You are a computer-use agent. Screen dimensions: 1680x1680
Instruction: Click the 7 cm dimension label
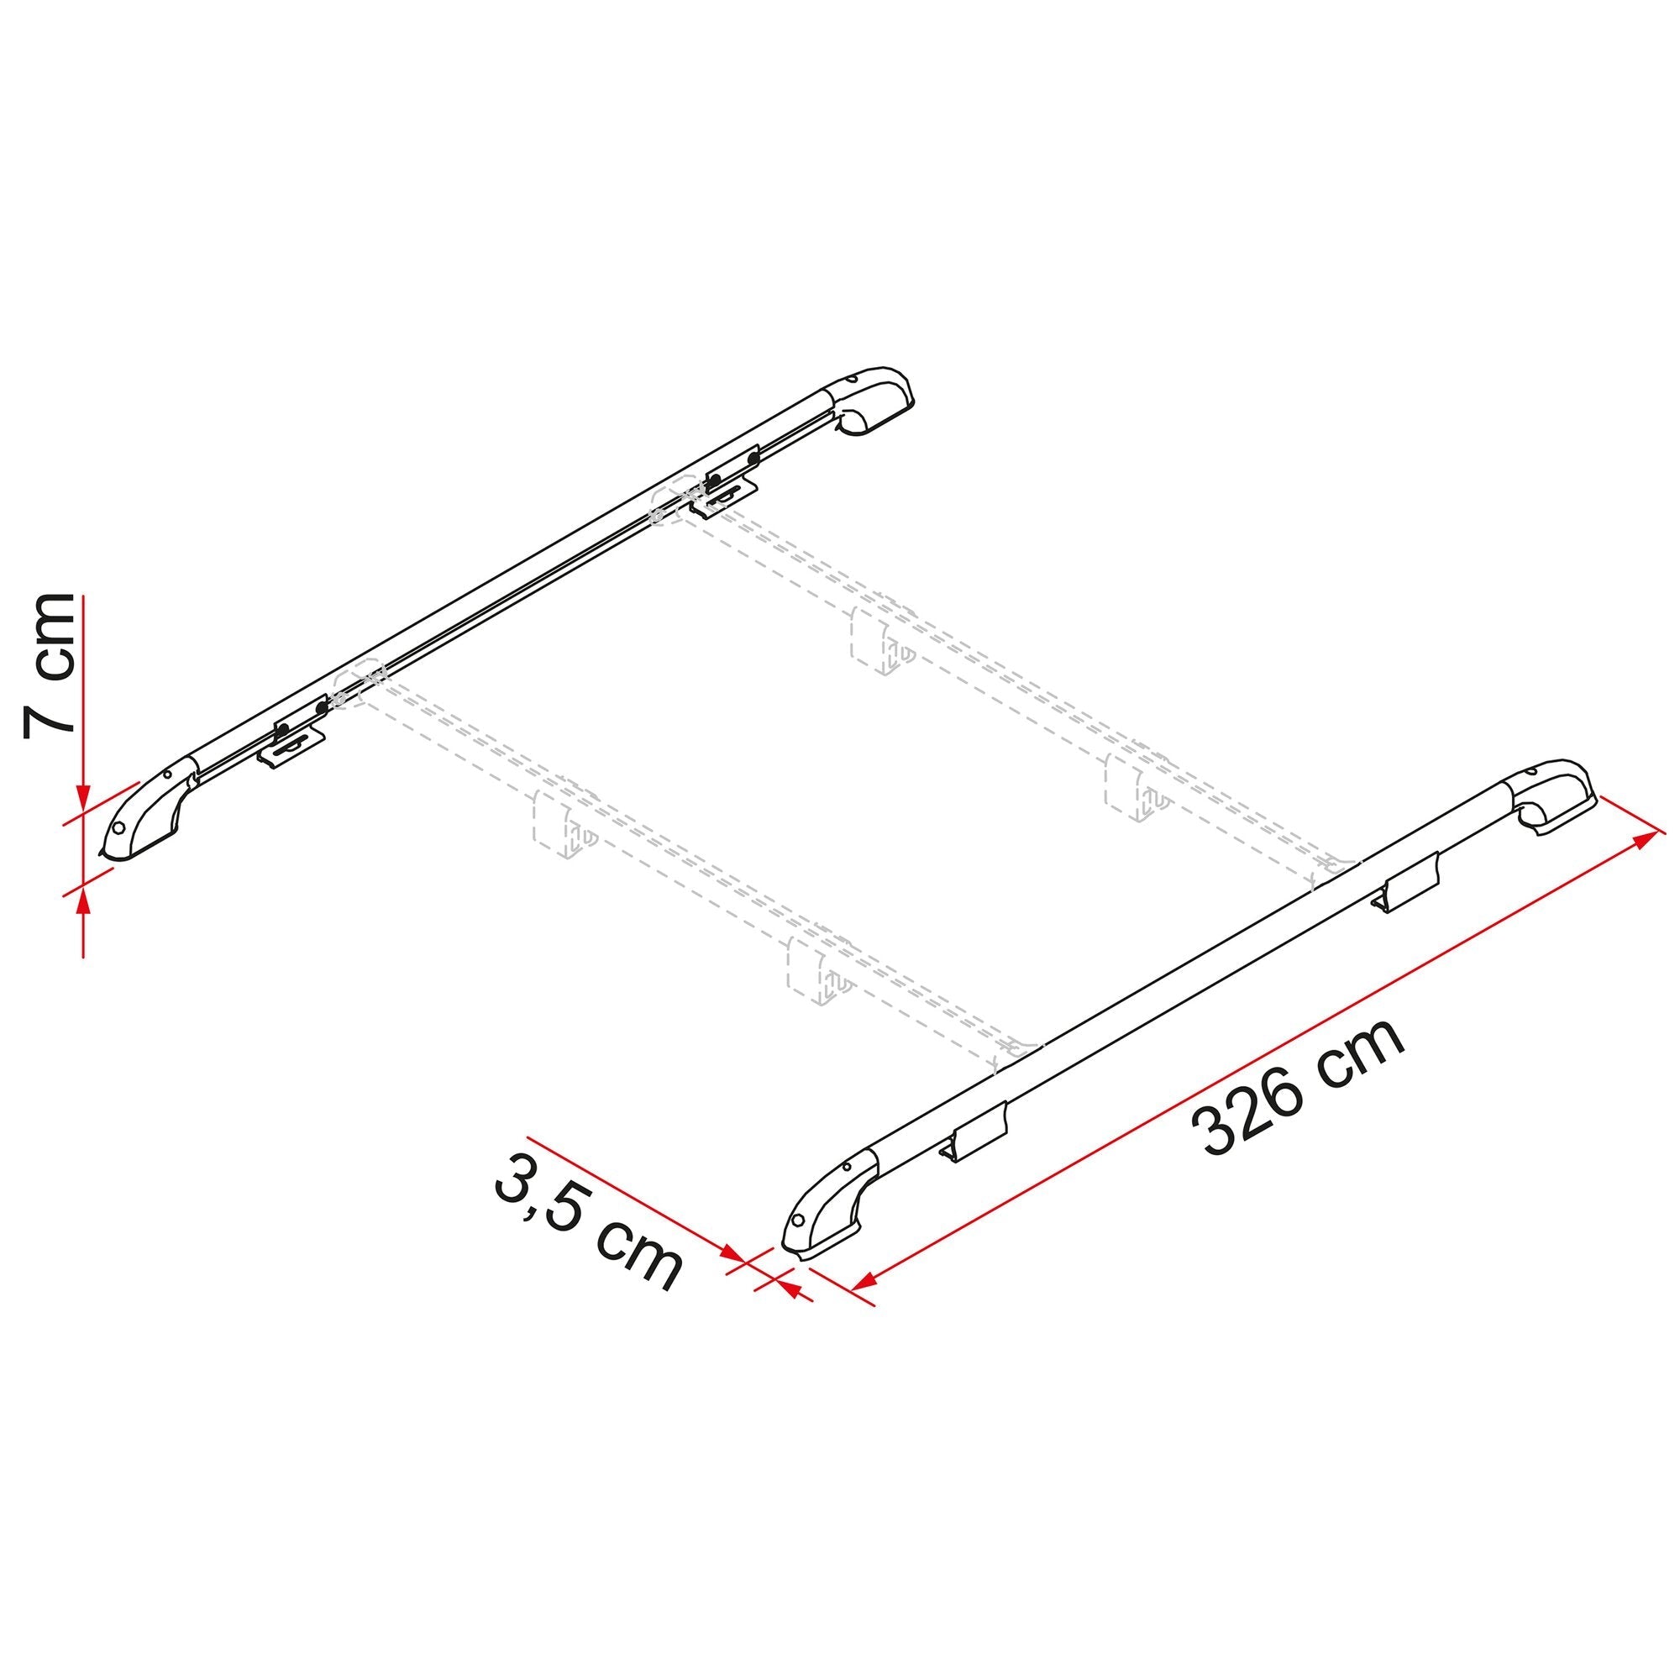tap(50, 665)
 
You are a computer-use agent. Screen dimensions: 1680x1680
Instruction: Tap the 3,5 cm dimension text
tap(587, 1227)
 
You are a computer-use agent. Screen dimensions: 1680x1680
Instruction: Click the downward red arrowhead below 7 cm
tap(83, 798)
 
